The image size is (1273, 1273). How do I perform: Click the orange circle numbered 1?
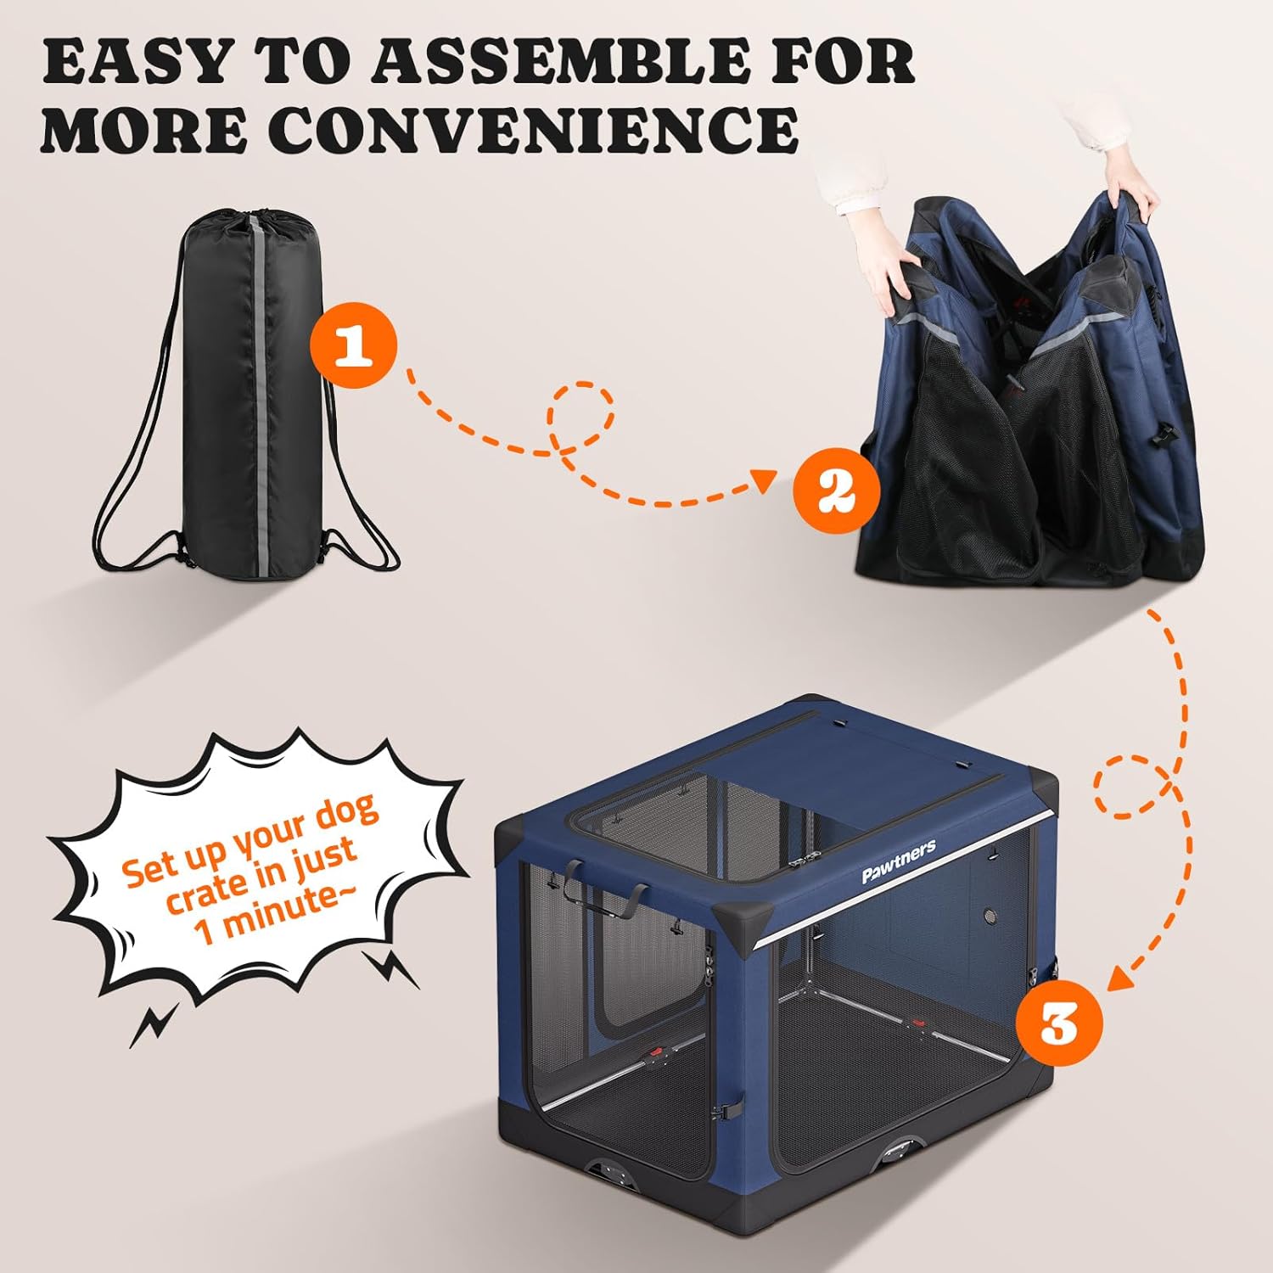tap(353, 346)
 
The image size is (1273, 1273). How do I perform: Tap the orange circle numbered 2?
tap(836, 491)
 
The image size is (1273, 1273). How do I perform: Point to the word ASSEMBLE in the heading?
tap(560, 61)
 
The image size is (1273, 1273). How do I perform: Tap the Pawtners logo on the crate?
tap(899, 861)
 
